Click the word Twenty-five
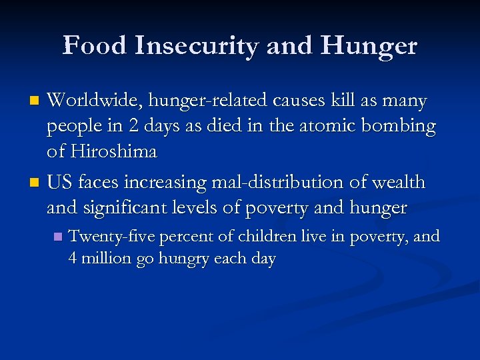point(107,237)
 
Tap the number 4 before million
point(73,259)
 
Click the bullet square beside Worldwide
point(37,102)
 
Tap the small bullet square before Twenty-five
point(58,237)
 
